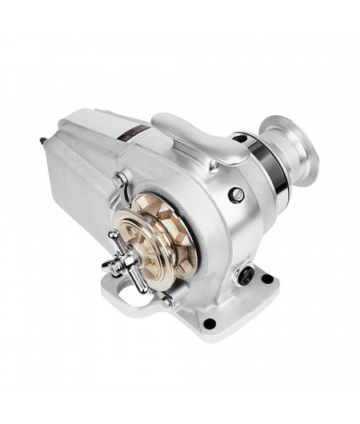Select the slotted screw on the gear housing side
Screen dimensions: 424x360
click(235, 193)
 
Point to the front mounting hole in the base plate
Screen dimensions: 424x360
click(209, 324)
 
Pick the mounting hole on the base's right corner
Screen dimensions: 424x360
click(266, 279)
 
